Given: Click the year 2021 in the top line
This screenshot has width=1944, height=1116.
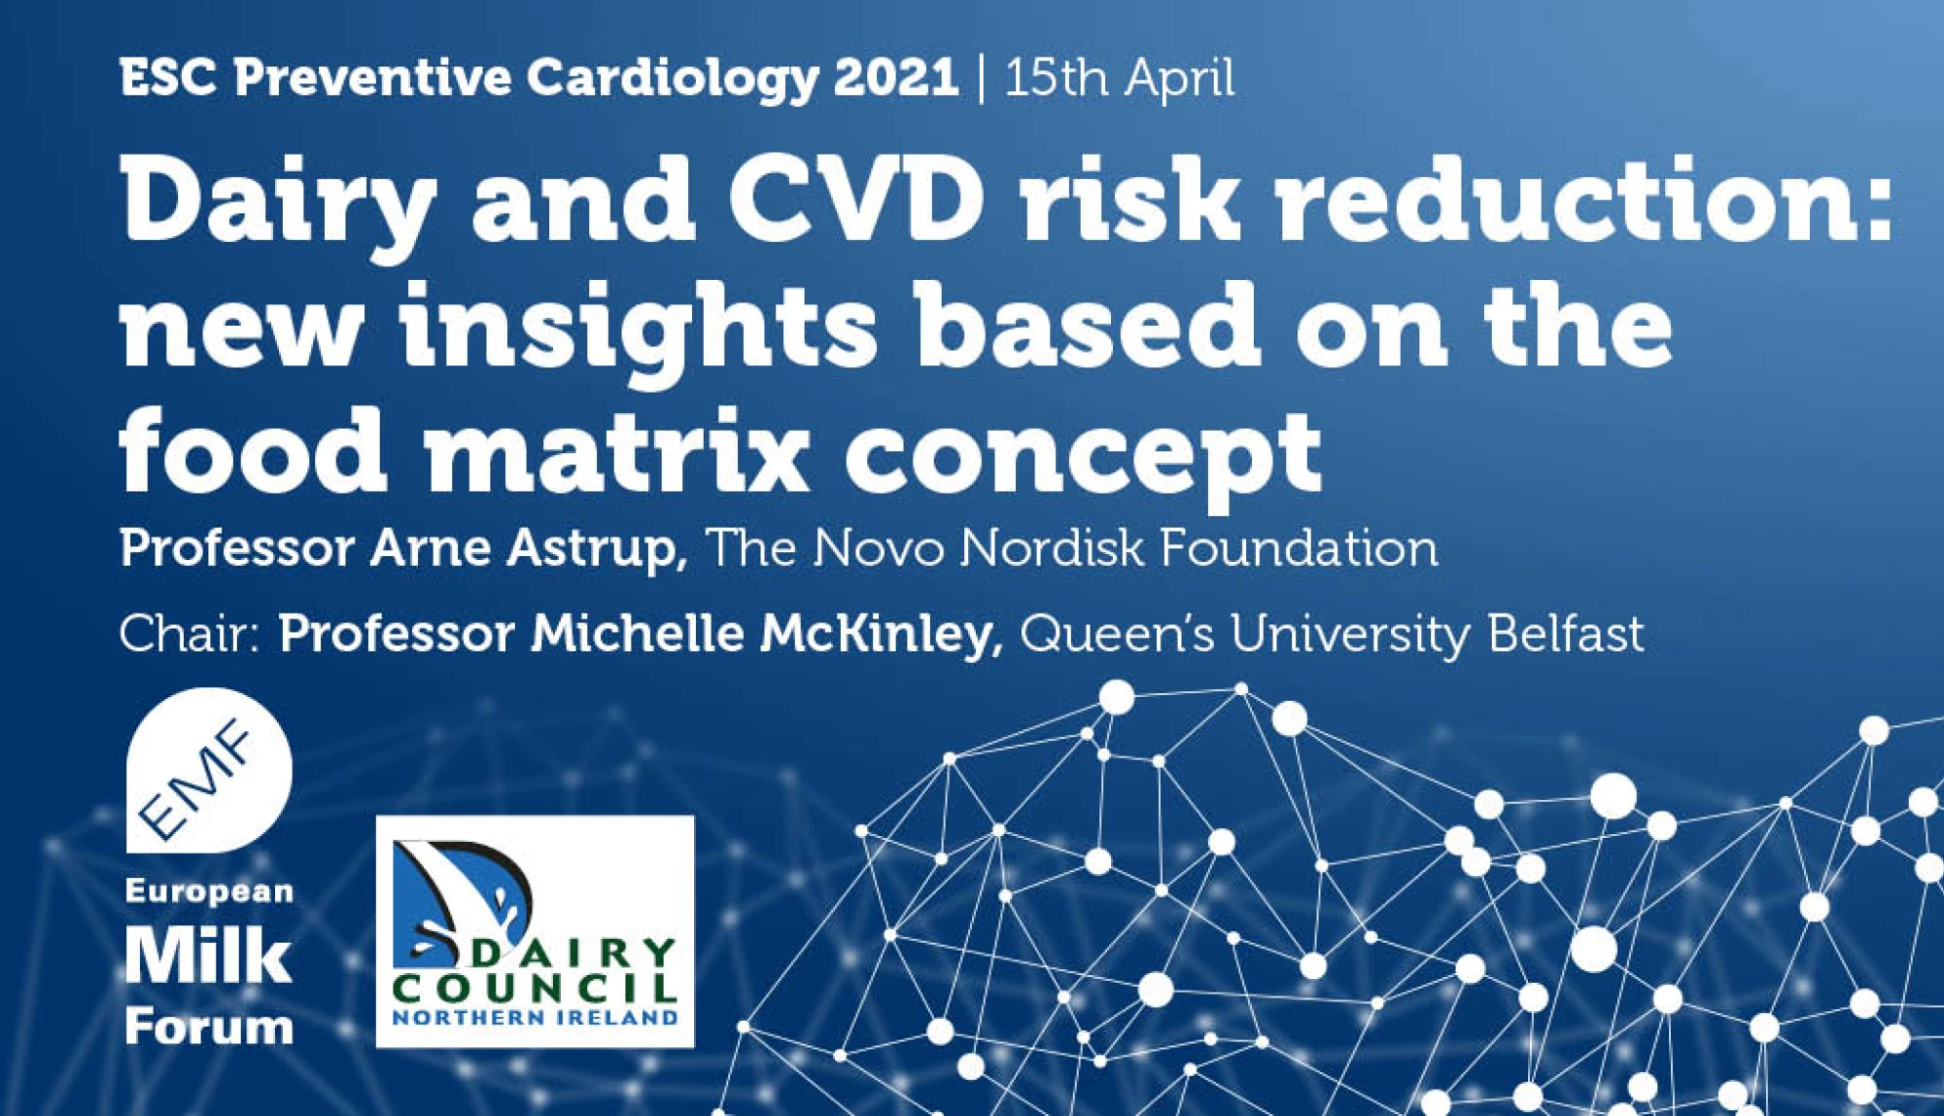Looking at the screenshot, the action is click(x=895, y=77).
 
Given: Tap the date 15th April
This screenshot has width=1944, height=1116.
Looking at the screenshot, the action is click(x=1119, y=78).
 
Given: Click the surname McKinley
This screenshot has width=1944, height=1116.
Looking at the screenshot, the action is click(x=882, y=635).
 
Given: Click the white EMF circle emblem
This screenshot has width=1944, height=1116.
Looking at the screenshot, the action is click(x=208, y=770).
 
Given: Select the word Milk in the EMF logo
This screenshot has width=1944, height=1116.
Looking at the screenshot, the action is click(x=208, y=957).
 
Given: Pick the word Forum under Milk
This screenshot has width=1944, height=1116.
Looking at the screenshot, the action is click(x=209, y=1027).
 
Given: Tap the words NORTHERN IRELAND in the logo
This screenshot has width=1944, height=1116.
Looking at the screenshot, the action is click(x=535, y=1018).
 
